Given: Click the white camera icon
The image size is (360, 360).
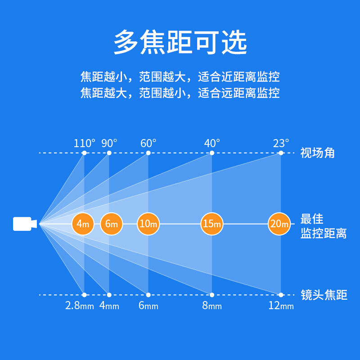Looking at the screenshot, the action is tap(25, 224).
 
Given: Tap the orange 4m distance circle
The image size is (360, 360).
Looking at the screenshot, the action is tap(83, 224).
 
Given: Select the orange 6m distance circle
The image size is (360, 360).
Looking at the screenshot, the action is tap(112, 224).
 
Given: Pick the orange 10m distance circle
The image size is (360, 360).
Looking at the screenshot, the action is tap(148, 224).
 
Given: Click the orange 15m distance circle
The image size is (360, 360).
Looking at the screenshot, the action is tap(212, 224).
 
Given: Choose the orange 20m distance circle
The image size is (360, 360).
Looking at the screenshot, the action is tap(279, 224).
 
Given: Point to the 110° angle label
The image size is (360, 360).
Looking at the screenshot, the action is tap(84, 144).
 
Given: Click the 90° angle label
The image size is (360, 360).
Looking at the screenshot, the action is tap(109, 144).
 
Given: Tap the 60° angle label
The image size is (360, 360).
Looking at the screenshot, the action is tap(148, 144).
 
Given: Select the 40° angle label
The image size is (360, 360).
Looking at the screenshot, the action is tap(212, 144).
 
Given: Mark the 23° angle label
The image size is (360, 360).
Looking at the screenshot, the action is tap(281, 144).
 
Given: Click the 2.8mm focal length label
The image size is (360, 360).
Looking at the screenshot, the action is tap(80, 306).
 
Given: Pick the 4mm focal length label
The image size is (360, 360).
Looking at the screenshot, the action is tap(109, 306).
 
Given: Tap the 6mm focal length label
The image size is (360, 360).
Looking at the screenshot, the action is tap(148, 306).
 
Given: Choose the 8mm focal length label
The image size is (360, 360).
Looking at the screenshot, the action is tap(212, 306).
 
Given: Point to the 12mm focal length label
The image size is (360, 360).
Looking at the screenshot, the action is tap(281, 306).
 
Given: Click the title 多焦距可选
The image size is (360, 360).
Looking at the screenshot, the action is tap(180, 42).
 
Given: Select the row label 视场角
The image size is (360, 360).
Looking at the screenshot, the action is tap(318, 153).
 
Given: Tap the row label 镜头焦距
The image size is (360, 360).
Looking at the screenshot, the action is tap(324, 295).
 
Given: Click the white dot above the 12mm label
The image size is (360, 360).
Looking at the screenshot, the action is tap(281, 295).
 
